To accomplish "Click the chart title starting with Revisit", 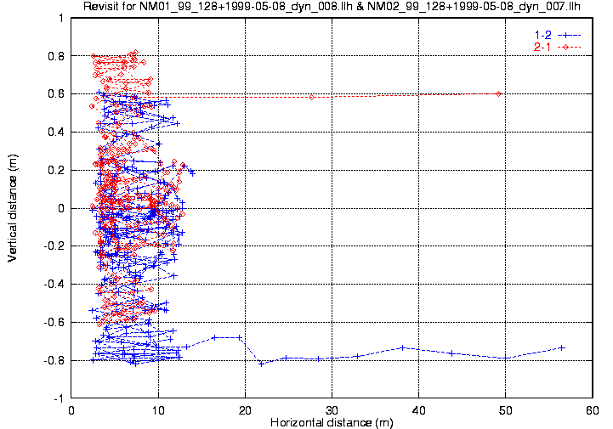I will tap(336, 8).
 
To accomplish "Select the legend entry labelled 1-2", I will tap(541, 34).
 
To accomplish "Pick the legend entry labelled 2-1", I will tap(541, 46).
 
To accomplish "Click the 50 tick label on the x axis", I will tap(506, 409).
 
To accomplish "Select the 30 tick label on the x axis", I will tap(332, 409).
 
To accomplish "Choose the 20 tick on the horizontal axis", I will tap(245, 409).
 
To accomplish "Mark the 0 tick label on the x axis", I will tap(72, 409).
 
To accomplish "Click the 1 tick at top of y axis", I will tap(60, 18).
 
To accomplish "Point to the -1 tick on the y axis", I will tap(58, 398).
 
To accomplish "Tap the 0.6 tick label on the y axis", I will tap(56, 94).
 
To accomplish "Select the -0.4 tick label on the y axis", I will tap(54, 285).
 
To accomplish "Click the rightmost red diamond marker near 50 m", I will tap(498, 93).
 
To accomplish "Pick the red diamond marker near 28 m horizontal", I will tap(312, 97).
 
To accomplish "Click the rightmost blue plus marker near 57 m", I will tap(562, 347).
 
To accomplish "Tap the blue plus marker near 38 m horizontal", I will tap(402, 347).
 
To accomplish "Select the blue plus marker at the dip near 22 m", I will tap(261, 364).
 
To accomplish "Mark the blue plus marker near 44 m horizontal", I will tap(451, 353).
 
